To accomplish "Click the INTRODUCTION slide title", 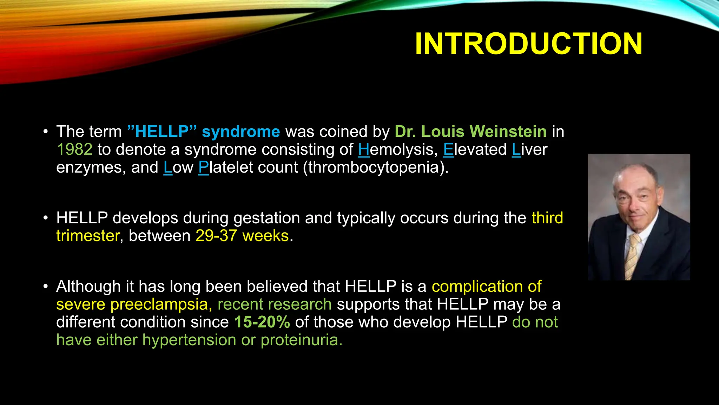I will pos(528,44).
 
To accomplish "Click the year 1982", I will pos(74,149).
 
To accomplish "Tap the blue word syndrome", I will pos(241,131).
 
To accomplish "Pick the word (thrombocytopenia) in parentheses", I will pos(376,167).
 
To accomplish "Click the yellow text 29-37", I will pos(216,236).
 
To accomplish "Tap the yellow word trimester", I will pos(88,236).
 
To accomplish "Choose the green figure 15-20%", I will pos(262,322).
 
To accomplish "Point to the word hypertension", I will pos(189,340).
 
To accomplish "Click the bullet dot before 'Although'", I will pos(45,287).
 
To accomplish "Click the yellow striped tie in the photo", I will pos(632,257).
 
